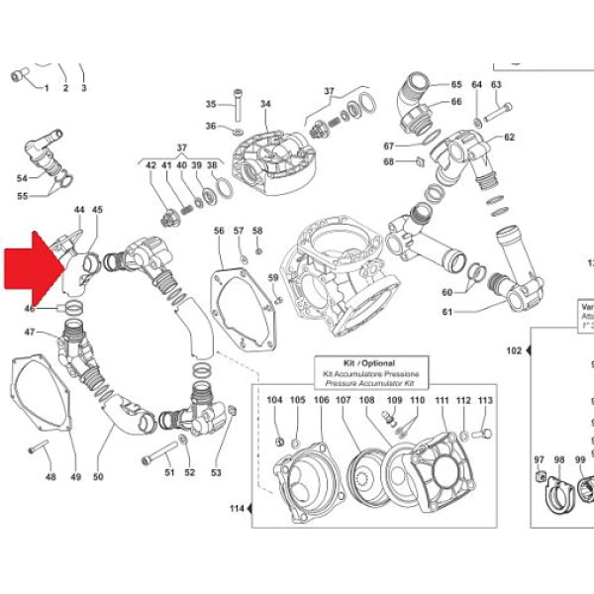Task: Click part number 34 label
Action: pyautogui.click(x=265, y=104)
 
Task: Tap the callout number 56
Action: pyautogui.click(x=220, y=231)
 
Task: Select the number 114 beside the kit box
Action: pyautogui.click(x=236, y=509)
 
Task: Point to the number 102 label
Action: pyautogui.click(x=514, y=350)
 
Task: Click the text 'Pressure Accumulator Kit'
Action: pyautogui.click(x=368, y=384)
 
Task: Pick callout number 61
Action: pyautogui.click(x=447, y=314)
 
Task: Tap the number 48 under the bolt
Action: pyautogui.click(x=50, y=477)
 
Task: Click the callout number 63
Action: pyautogui.click(x=496, y=85)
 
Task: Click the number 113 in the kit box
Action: pyautogui.click(x=484, y=400)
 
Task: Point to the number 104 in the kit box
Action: pyautogui.click(x=274, y=400)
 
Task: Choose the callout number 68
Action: pyautogui.click(x=389, y=161)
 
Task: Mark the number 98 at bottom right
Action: pyautogui.click(x=560, y=460)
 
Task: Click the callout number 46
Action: pyautogui.click(x=30, y=309)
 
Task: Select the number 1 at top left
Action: pyautogui.click(x=46, y=88)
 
